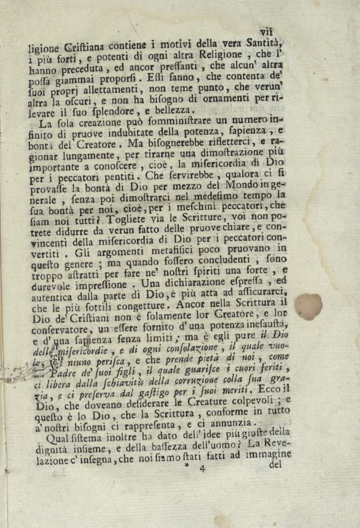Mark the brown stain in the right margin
point(309,305)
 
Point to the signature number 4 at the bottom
point(202,470)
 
